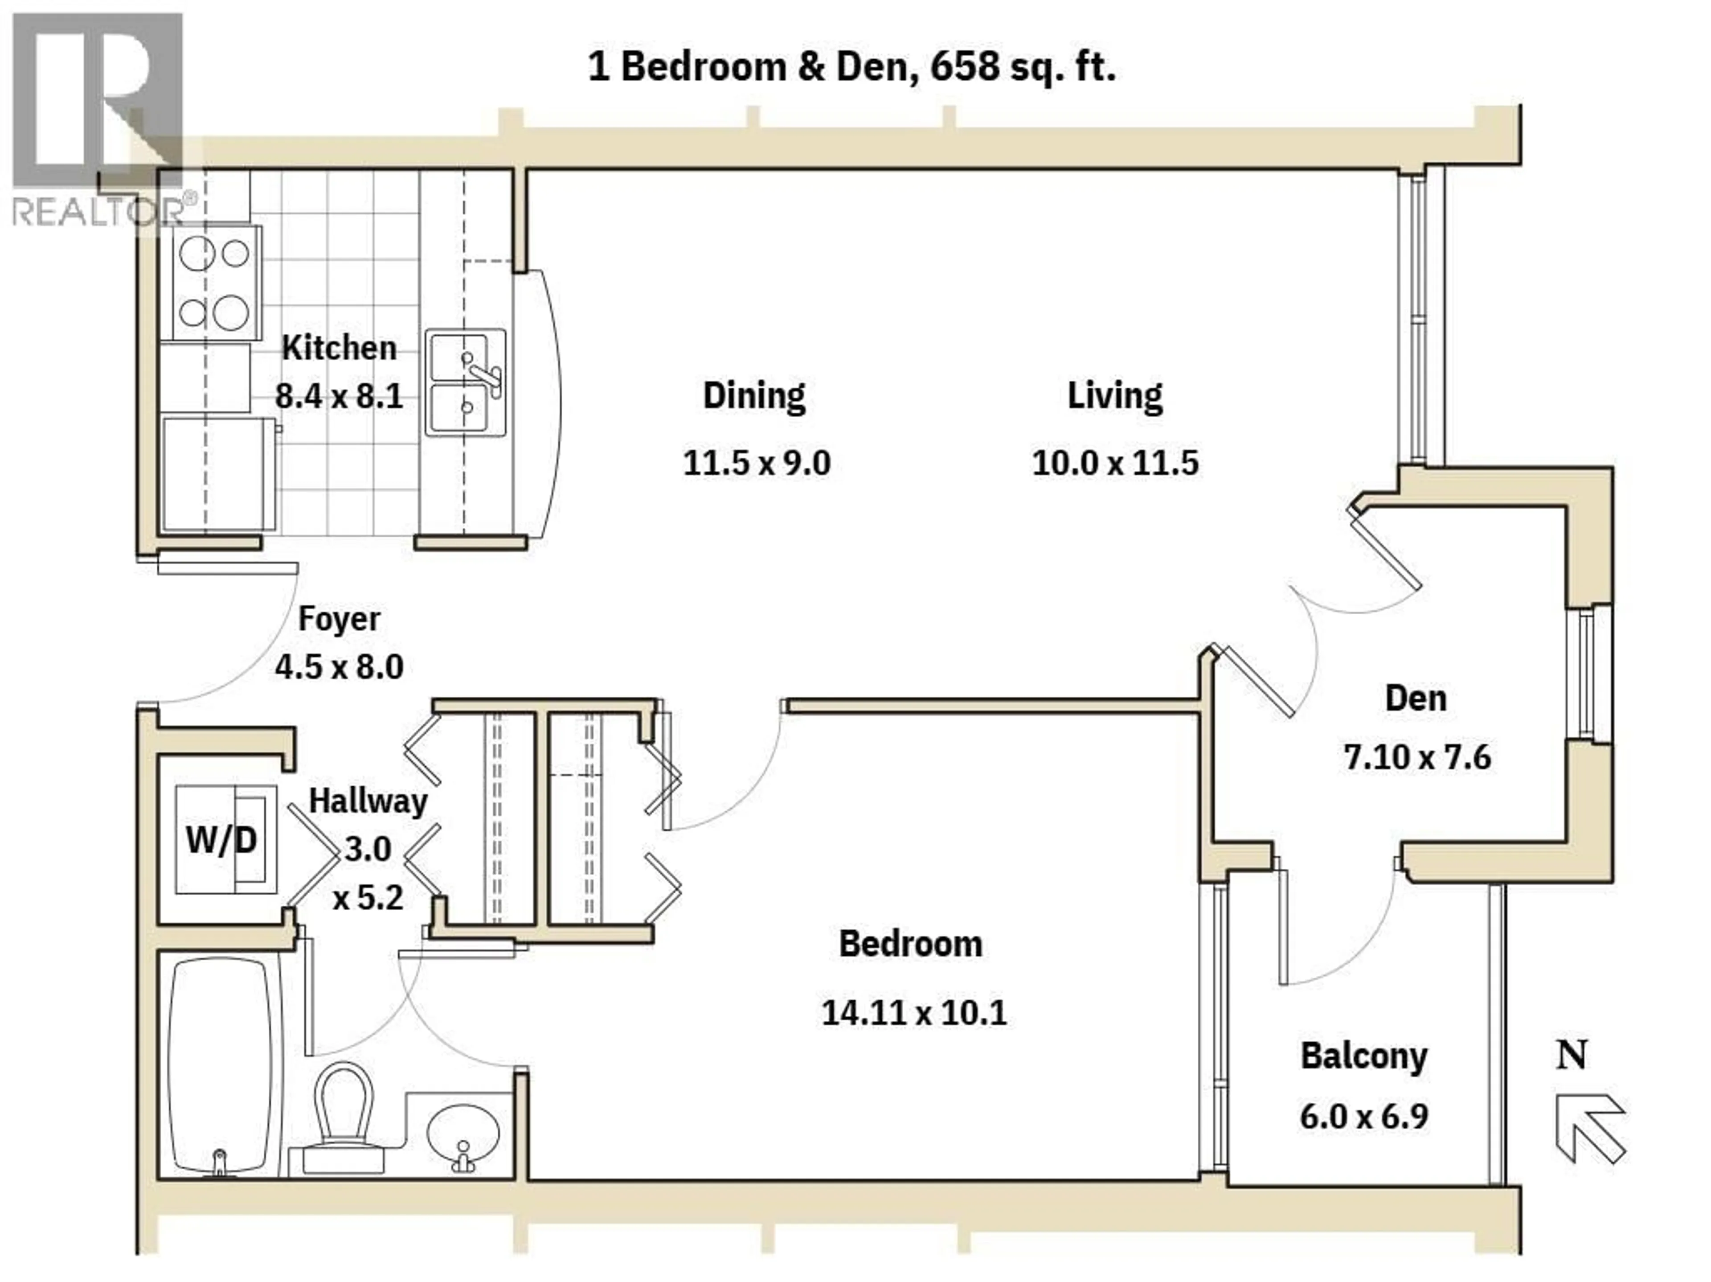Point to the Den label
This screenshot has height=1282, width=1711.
[1416, 699]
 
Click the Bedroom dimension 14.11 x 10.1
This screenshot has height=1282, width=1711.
[913, 1013]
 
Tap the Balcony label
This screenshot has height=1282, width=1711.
[1364, 1056]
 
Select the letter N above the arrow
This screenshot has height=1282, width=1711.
[1572, 1055]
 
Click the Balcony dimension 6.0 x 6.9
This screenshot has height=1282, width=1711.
[1364, 1117]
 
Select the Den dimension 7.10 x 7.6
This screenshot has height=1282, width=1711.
[1417, 757]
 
